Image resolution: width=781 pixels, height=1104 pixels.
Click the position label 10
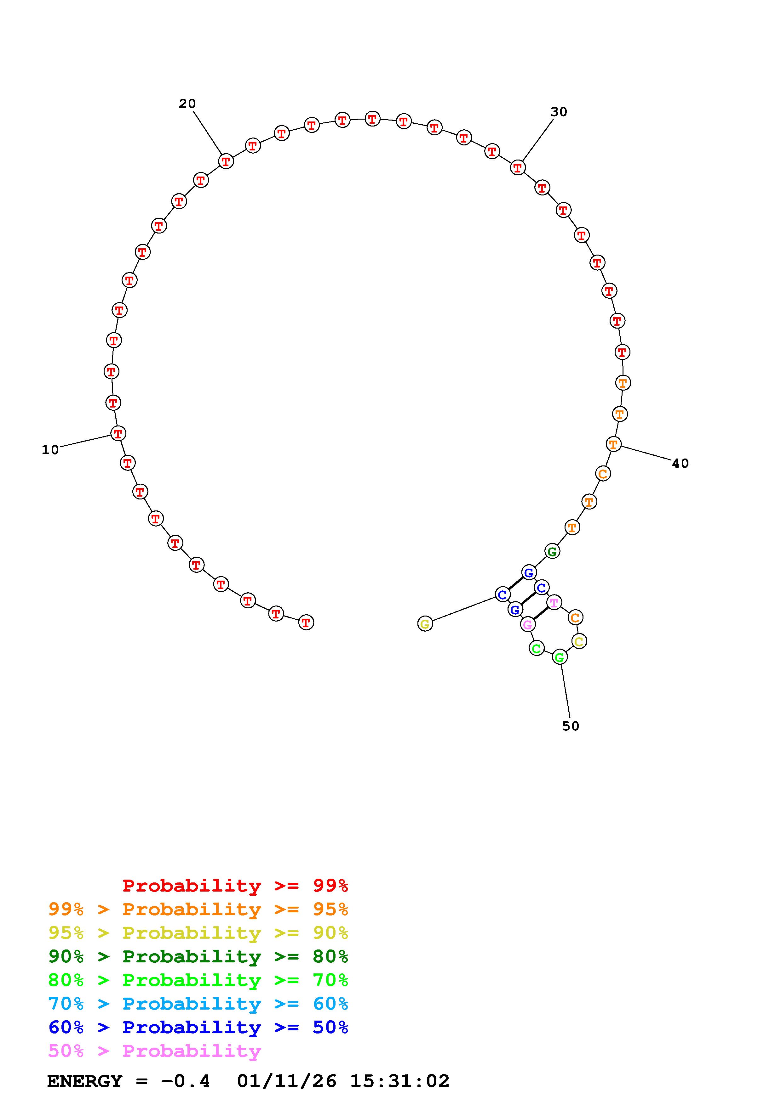[50, 450]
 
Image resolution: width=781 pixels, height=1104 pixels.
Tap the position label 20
[187, 104]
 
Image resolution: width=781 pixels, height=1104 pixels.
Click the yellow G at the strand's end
[425, 624]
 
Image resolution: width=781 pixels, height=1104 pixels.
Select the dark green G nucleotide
[552, 551]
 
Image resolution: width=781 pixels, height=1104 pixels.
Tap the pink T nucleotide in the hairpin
[554, 602]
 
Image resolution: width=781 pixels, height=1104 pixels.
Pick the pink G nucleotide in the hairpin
[527, 625]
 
